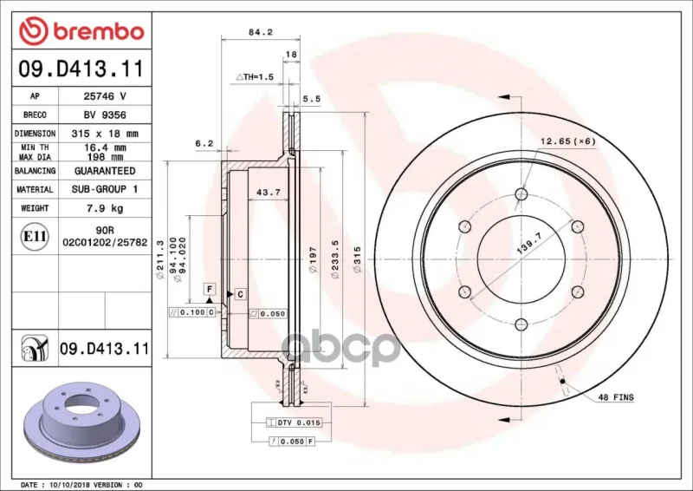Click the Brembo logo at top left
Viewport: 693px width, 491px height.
coord(81,31)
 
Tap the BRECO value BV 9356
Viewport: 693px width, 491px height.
coord(105,115)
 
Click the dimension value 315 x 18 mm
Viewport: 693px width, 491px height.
coord(105,134)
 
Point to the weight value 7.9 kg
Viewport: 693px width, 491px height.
coord(105,208)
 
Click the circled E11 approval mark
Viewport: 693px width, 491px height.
coord(35,236)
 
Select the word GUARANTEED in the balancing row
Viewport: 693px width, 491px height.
coord(105,171)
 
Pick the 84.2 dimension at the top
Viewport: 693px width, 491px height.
coord(261,32)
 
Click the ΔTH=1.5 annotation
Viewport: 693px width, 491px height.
coord(255,77)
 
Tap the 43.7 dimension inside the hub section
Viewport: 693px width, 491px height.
coord(269,193)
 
